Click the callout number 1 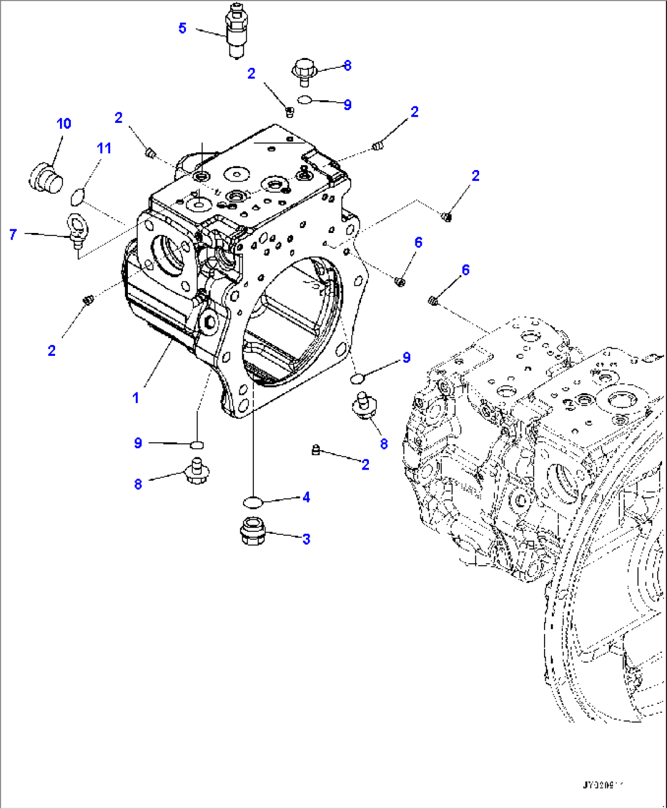pos(136,398)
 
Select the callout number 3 pos(306,539)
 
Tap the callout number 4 pos(306,498)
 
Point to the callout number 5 pos(182,28)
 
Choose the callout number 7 pos(13,234)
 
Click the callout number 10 pos(64,124)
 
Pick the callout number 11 pos(104,149)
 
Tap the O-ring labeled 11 pos(76,198)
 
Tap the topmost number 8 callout pos(348,65)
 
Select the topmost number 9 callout pos(348,105)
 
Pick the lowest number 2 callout pos(365,465)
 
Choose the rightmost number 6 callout pos(466,270)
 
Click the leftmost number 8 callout pos(138,484)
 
